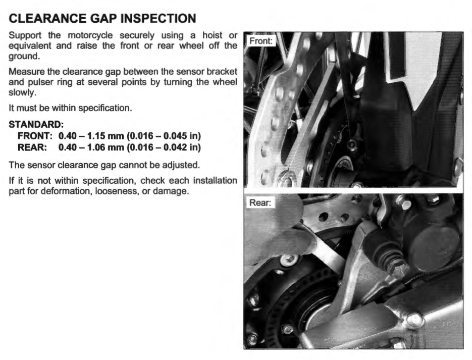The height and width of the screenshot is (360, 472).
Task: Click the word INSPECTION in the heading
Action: coord(158,18)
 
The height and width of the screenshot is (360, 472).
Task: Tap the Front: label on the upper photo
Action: coord(260,40)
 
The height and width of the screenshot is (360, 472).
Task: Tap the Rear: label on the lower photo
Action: coord(260,202)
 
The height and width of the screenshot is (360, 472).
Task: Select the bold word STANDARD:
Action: coord(36,124)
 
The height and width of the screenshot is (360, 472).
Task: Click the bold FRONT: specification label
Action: coord(35,136)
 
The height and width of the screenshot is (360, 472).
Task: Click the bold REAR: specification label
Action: coord(32,147)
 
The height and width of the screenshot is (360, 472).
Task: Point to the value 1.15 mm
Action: coord(106,136)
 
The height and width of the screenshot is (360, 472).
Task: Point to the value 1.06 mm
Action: coord(106,147)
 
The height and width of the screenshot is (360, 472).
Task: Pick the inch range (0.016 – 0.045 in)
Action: coord(164,136)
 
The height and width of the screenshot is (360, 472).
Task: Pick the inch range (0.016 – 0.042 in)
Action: coord(164,147)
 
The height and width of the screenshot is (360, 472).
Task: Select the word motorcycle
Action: coord(90,36)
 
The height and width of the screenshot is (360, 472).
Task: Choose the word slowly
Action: coord(22,93)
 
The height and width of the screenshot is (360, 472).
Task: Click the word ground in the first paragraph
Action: coord(24,57)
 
